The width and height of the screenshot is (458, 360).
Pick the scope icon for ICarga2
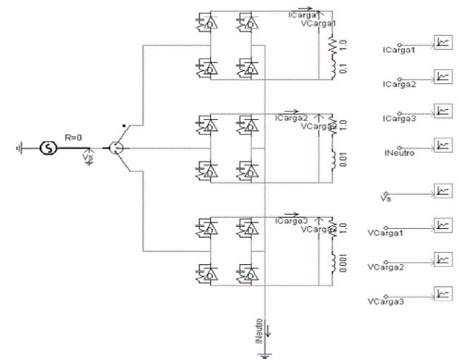(x=442, y=75)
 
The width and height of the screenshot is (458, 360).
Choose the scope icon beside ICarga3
(x=442, y=110)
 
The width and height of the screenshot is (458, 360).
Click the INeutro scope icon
(x=442, y=144)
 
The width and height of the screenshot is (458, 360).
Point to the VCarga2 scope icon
(x=442, y=259)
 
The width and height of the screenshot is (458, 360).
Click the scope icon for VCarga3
(x=442, y=294)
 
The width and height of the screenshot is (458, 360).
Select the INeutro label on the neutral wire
(x=261, y=328)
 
